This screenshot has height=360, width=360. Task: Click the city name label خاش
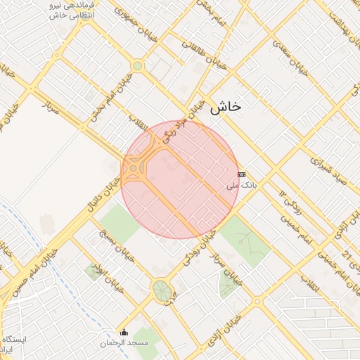coord(225,106)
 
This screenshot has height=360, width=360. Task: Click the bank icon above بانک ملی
coord(241,174)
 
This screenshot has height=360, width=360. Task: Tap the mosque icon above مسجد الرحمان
coord(124,332)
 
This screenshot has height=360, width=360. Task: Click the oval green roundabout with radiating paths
coord(162,290)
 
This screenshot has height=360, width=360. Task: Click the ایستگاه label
coord(14,339)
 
